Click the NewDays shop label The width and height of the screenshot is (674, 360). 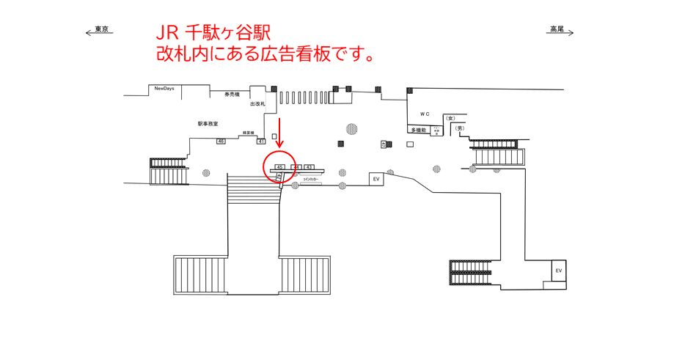click(x=164, y=89)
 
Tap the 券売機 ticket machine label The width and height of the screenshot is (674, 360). click(x=232, y=94)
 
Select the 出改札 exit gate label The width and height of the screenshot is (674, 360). click(x=257, y=104)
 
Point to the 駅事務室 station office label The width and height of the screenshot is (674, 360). click(x=208, y=124)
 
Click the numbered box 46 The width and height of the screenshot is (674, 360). click(x=221, y=141)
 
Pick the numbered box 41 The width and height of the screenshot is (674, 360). click(x=261, y=141)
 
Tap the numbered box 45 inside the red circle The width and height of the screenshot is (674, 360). click(x=279, y=167)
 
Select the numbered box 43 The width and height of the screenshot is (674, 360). click(x=309, y=167)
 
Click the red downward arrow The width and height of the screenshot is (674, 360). click(x=279, y=133)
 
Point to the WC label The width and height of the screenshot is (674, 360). click(x=425, y=114)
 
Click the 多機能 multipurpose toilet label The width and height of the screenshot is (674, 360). click(x=418, y=130)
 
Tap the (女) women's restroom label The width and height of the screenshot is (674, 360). click(x=450, y=119)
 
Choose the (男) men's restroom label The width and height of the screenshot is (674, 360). click(x=459, y=129)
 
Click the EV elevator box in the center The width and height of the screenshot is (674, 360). click(x=376, y=179)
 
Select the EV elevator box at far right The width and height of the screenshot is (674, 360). click(x=558, y=271)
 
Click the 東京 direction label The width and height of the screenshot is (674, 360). click(x=101, y=30)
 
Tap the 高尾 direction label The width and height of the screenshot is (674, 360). click(x=557, y=30)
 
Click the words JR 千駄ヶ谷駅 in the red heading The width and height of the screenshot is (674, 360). click(x=213, y=33)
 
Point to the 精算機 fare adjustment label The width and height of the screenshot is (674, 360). click(x=248, y=133)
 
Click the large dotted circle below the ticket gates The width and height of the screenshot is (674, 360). click(x=352, y=129)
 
